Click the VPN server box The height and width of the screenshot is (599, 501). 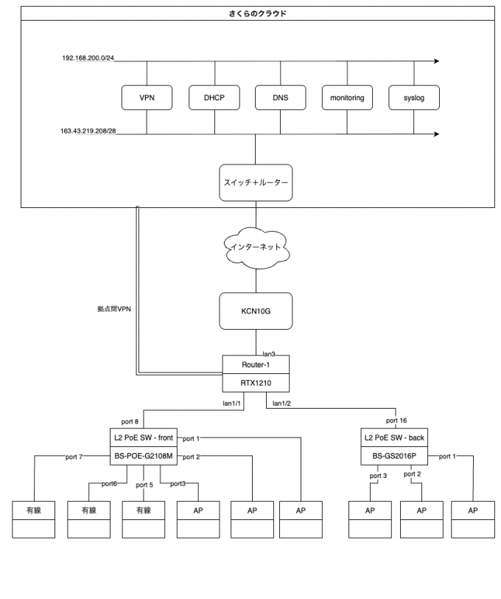coord(147,97)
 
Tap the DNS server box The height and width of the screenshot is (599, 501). coord(280,97)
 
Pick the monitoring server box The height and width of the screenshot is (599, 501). coord(347,97)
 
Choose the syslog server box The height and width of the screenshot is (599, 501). coord(414,97)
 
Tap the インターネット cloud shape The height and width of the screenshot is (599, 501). coord(256,247)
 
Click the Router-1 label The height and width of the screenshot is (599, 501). coord(256,365)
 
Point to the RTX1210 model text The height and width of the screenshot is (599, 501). coord(256,384)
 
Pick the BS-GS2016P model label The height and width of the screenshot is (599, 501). coord(395,457)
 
